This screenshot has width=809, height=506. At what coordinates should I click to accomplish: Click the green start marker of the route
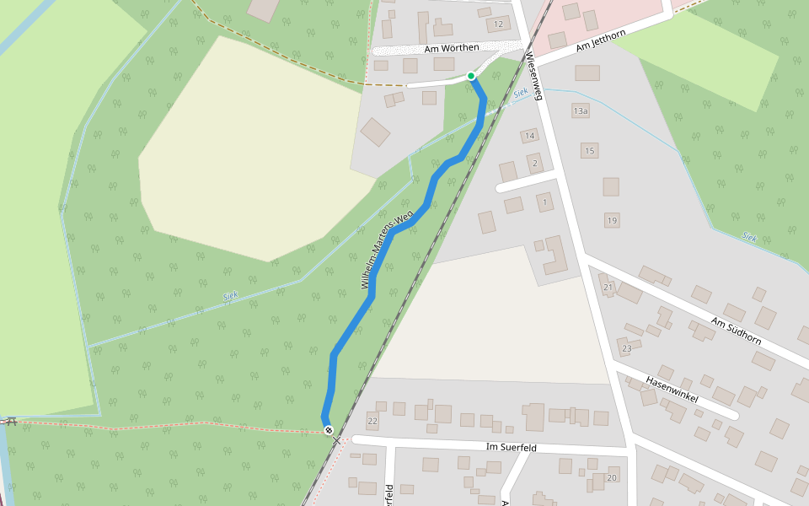coord(471,76)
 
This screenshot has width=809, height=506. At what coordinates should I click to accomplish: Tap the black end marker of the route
coord(329,430)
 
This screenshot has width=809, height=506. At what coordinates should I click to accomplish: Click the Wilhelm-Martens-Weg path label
coord(386,250)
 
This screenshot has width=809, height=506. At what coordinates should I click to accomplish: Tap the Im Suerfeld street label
coord(512,447)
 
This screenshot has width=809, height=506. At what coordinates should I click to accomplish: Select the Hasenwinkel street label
coord(672,389)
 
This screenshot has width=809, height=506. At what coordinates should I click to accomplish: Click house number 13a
coord(581,111)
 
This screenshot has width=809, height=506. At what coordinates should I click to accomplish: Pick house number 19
coord(612,221)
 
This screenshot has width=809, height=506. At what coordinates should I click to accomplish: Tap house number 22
coord(372,420)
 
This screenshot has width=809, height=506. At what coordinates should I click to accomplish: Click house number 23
coord(626,348)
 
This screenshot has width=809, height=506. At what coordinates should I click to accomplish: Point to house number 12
coord(498,24)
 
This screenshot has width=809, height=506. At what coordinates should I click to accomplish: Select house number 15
coord(589,151)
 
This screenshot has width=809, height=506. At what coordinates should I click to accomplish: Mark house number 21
coord(608,288)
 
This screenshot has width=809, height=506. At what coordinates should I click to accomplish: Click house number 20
coord(612,478)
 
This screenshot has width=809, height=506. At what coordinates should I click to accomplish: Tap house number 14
coord(529,136)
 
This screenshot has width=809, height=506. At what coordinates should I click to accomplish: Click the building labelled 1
coord(545,202)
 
